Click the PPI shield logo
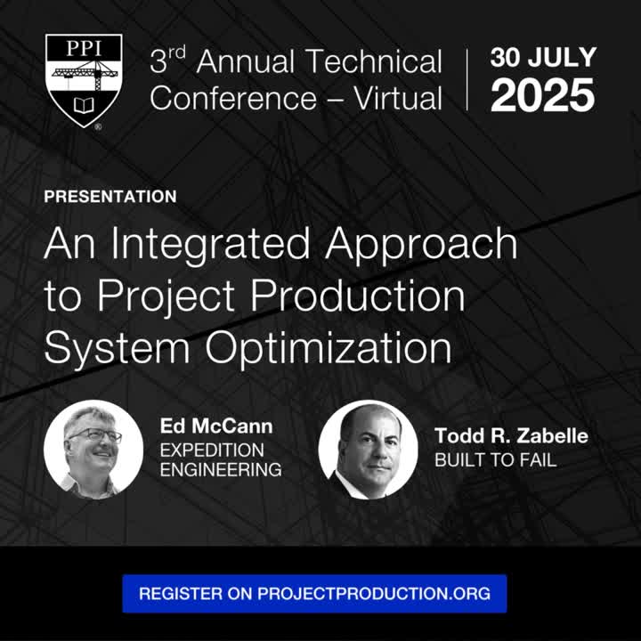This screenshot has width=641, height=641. [x=84, y=81]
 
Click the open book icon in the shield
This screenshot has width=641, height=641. [x=84, y=105]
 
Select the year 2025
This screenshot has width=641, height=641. [x=542, y=95]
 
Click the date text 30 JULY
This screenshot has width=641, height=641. [x=543, y=57]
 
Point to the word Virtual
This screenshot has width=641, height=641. [x=398, y=99]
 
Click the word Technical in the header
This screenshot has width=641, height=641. [x=374, y=61]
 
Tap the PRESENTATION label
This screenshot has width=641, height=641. [x=110, y=197]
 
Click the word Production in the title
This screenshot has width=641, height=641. [x=357, y=296]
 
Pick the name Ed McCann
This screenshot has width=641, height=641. [x=216, y=426]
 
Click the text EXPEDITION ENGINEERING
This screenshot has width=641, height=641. [x=221, y=460]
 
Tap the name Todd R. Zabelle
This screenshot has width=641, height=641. [x=511, y=435]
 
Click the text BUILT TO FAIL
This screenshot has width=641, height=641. [x=496, y=460]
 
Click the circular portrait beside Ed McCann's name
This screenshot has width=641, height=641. [x=93, y=450]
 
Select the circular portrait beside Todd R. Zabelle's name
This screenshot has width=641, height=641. [x=369, y=450]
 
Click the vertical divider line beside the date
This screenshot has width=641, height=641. [x=467, y=80]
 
